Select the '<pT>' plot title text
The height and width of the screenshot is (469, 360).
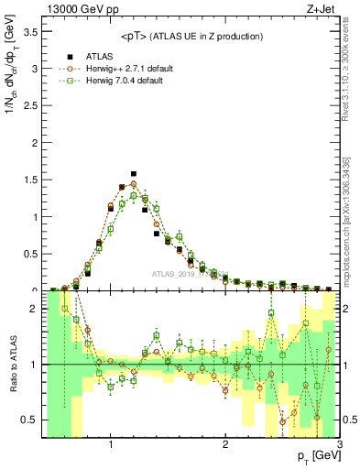[x=192, y=36]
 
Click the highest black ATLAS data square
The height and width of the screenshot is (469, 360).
[x=134, y=173]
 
